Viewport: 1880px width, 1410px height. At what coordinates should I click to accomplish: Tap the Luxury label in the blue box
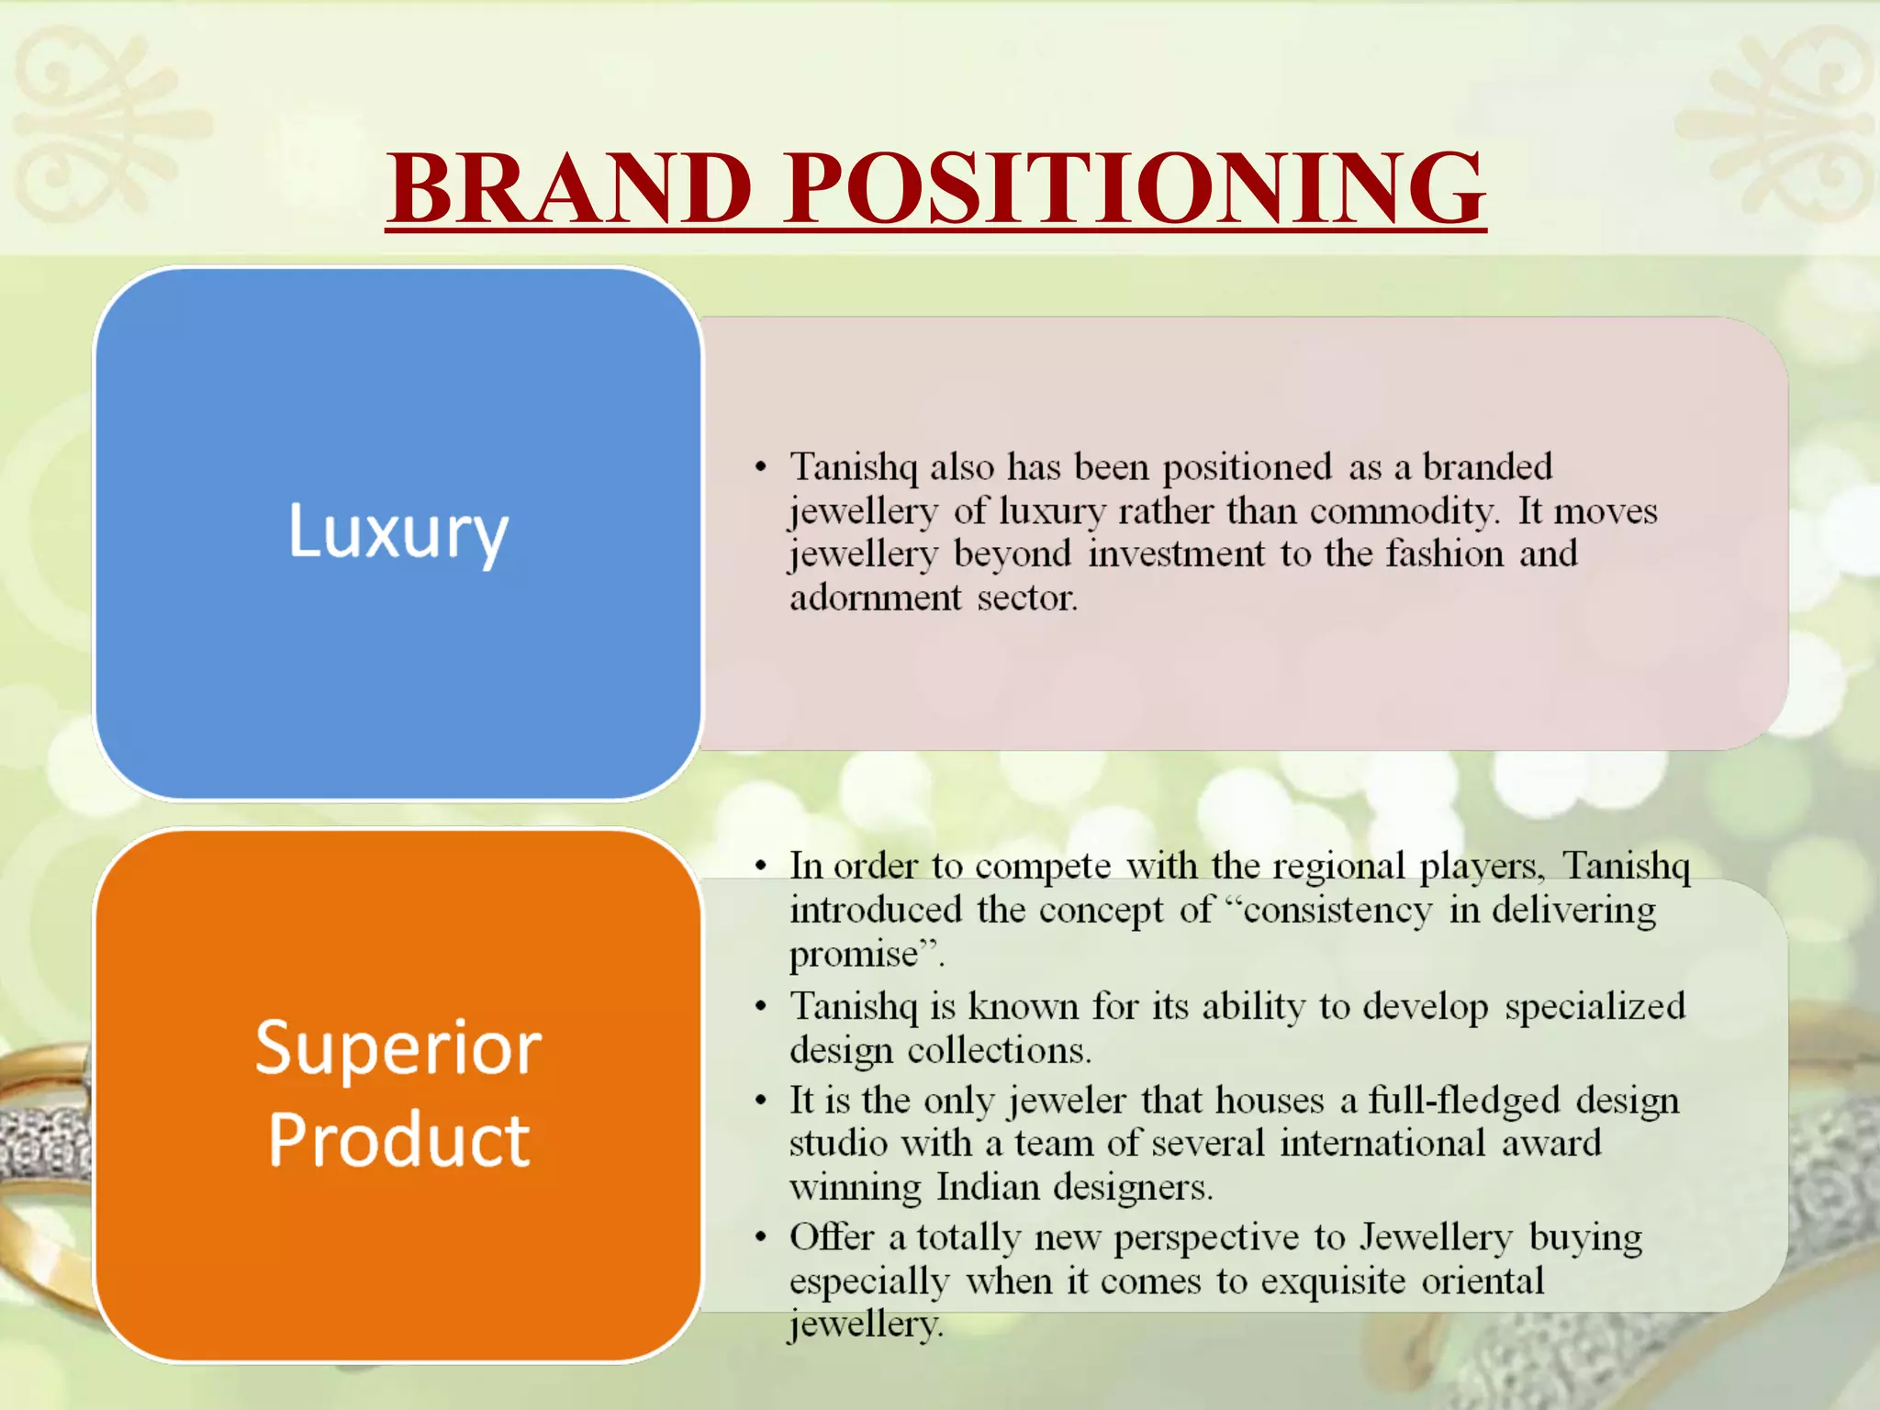point(398,532)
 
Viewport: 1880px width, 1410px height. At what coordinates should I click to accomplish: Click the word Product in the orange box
point(398,1140)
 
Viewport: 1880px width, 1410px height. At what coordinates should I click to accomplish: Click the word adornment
point(876,599)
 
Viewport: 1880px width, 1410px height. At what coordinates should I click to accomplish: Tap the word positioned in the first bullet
point(1248,467)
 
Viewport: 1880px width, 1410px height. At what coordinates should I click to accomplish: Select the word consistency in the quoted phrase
point(1337,911)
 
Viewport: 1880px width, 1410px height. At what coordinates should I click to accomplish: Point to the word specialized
point(1595,1007)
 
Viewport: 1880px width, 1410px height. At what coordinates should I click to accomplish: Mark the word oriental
point(1483,1281)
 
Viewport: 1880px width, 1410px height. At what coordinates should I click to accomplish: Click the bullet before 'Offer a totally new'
point(760,1238)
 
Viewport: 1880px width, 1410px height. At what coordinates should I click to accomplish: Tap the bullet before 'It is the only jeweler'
point(760,1101)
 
